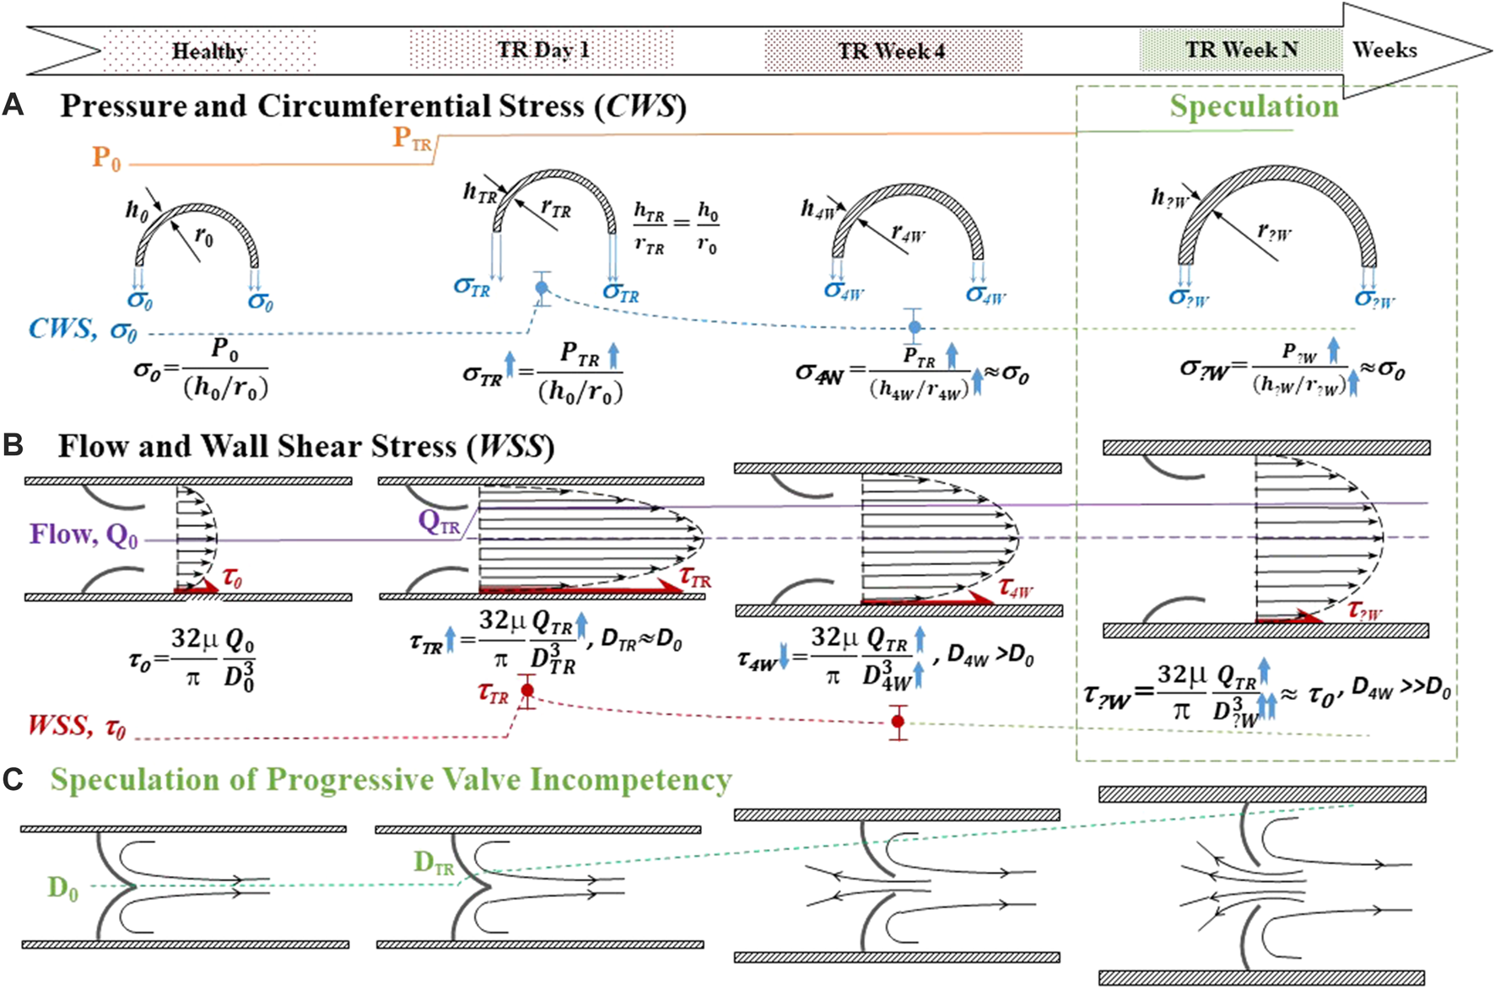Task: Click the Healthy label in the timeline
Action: [208, 51]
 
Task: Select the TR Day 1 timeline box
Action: [542, 49]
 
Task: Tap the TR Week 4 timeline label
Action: [892, 51]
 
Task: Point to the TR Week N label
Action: [1240, 50]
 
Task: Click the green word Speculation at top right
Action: [1254, 107]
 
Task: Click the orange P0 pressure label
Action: [106, 158]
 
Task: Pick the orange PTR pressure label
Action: [412, 138]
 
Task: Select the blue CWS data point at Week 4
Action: [915, 327]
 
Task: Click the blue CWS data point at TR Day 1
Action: [542, 288]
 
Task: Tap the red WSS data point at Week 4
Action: [898, 722]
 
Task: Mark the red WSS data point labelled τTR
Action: [527, 691]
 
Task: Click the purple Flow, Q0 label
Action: [84, 535]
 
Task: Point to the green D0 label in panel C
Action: [63, 888]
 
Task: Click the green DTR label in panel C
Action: [434, 863]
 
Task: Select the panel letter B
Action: [13, 446]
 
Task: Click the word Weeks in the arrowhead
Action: [1384, 50]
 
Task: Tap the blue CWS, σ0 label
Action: [83, 329]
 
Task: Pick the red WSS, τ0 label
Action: [77, 726]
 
